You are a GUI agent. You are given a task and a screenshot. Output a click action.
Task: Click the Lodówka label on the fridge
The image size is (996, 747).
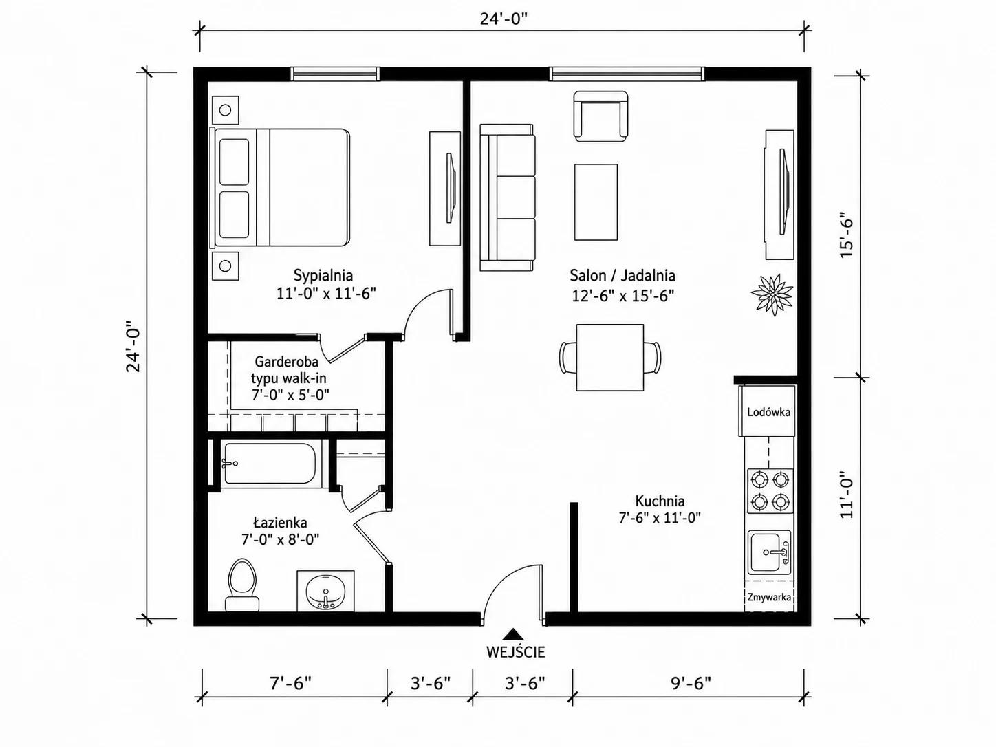[768, 412]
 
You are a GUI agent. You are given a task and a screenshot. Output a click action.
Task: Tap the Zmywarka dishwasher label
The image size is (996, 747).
[769, 597]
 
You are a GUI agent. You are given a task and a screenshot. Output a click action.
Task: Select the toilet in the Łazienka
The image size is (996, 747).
[242, 585]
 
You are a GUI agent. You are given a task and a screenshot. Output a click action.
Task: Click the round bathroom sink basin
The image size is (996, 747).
[325, 592]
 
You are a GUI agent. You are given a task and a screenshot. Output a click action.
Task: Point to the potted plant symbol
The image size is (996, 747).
[772, 295]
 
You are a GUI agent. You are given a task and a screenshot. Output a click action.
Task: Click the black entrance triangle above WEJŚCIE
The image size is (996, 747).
[513, 634]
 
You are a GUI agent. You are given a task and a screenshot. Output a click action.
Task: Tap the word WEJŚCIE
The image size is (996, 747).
[515, 652]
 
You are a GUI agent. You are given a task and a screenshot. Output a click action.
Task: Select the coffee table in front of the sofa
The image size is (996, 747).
[596, 202]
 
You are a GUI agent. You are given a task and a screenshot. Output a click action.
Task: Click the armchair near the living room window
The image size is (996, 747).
[600, 116]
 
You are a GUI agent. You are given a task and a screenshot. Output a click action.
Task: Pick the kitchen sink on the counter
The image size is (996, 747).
[769, 552]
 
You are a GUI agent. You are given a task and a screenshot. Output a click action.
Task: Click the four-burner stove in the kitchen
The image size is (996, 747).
[770, 490]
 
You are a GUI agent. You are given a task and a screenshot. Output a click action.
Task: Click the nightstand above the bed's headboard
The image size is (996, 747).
[226, 110]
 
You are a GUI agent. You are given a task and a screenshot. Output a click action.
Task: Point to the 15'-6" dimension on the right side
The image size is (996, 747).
[847, 235]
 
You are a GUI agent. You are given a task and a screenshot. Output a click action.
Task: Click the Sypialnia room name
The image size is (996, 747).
[323, 275]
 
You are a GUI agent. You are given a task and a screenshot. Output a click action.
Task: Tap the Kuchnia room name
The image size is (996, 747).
[660, 501]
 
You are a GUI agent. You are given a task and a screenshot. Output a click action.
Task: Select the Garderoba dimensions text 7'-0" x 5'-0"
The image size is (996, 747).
[290, 395]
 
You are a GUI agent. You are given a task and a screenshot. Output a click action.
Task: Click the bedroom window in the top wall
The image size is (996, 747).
[334, 74]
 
